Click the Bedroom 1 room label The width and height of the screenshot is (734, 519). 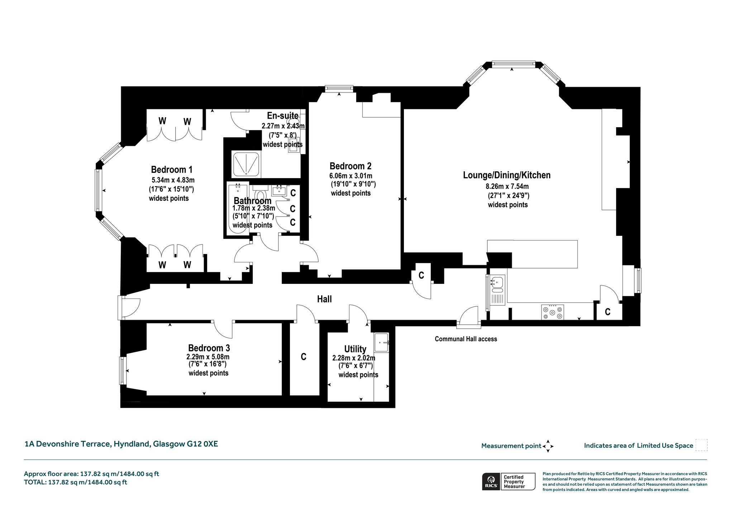(x=172, y=169)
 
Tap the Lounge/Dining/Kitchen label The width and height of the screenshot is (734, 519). (x=507, y=175)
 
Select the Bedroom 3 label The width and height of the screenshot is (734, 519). (x=209, y=348)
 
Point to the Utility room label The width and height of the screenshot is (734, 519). (x=355, y=349)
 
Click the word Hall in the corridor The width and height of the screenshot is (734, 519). (x=324, y=299)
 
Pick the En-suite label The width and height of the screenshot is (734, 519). (x=283, y=115)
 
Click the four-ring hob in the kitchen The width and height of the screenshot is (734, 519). (x=552, y=312)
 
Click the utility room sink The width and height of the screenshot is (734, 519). (x=381, y=343)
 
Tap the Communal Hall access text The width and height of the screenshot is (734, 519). (x=466, y=339)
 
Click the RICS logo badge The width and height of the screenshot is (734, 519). (x=490, y=481)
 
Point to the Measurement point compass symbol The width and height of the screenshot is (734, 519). (x=548, y=446)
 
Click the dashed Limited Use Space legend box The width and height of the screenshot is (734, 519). (x=701, y=445)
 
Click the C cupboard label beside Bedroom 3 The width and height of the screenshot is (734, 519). (x=304, y=357)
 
